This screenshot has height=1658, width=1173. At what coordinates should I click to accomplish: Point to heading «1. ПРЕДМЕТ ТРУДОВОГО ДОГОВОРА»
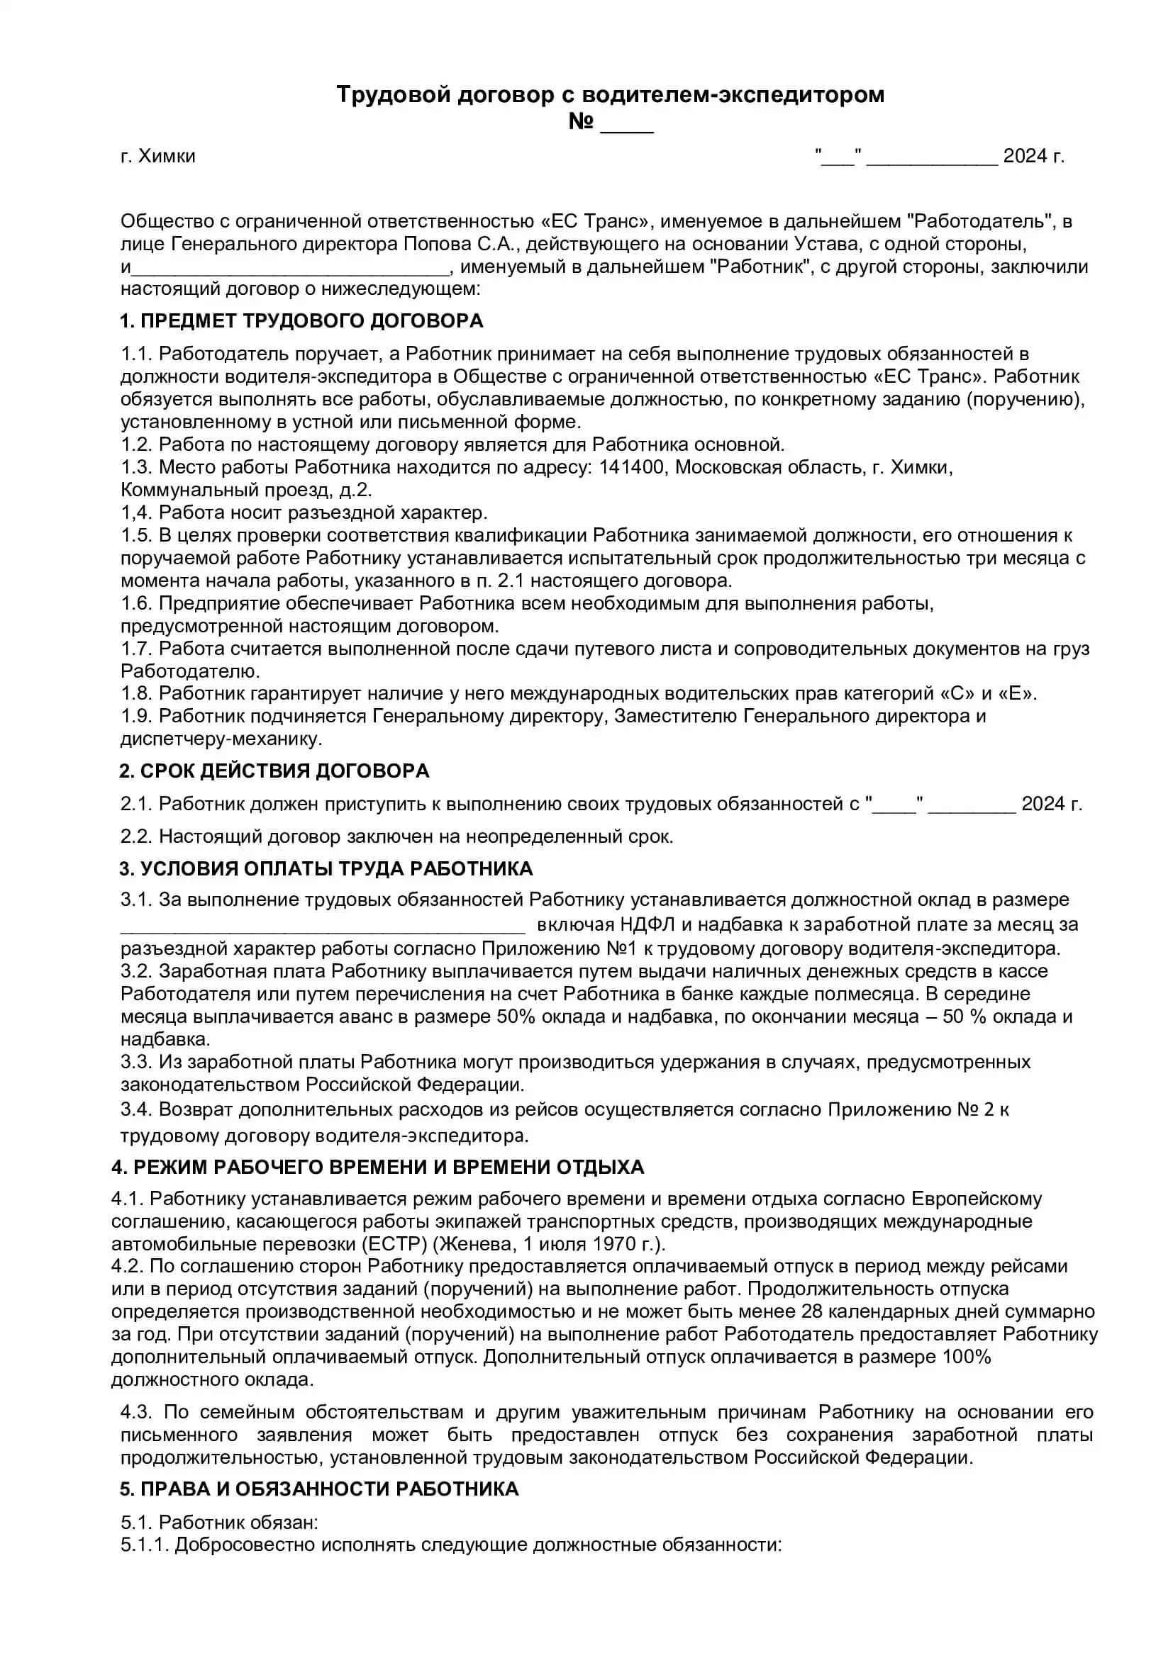301,320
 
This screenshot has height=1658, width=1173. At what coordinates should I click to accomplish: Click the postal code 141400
631,467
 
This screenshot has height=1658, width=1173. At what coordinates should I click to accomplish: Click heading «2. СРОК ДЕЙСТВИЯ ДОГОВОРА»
274,771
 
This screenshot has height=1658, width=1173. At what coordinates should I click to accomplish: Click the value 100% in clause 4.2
967,1357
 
